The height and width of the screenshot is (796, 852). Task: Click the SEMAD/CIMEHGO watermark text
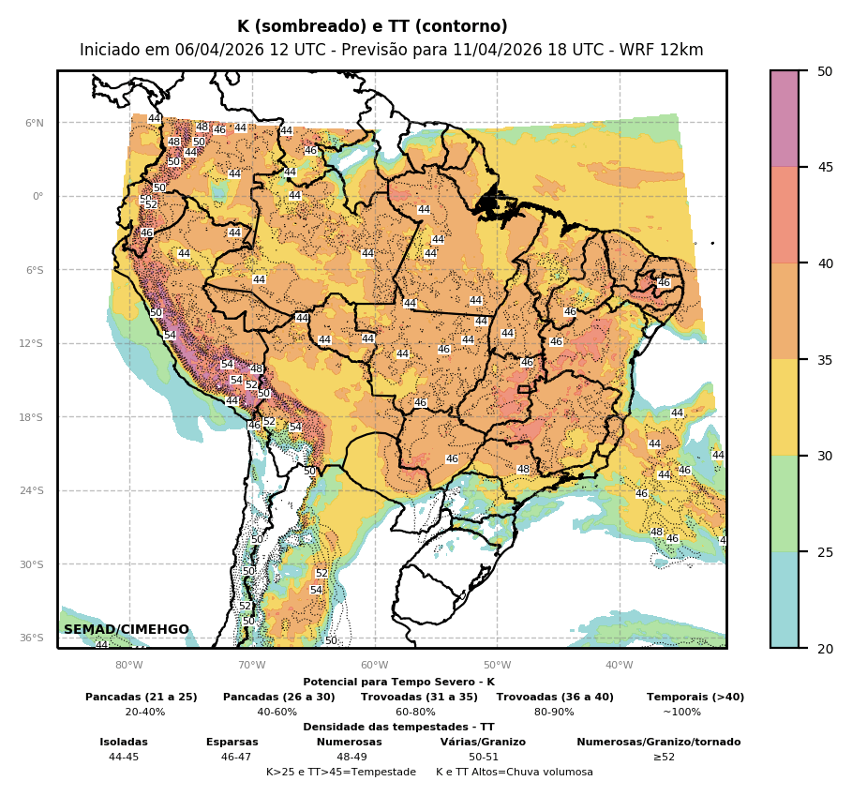[x=127, y=629]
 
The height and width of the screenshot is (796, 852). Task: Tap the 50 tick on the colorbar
[x=825, y=71]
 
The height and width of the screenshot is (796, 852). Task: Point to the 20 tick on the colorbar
[x=825, y=649]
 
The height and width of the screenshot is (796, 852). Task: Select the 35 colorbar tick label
[x=825, y=360]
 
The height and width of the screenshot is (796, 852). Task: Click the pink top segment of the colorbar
[x=785, y=118]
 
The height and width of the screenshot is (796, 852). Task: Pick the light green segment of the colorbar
[x=785, y=503]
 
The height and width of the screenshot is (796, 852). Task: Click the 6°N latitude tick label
[x=35, y=123]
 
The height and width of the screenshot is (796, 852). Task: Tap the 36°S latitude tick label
[x=32, y=638]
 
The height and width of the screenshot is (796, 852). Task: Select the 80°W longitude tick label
[x=129, y=666]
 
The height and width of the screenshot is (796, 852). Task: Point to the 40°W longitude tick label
[x=619, y=666]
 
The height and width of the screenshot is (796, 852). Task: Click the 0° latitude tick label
[x=38, y=196]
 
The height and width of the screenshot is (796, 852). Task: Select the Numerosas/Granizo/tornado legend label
[x=658, y=743]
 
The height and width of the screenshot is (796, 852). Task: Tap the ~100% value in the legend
[x=681, y=713]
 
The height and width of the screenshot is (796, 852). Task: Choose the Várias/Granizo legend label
[x=483, y=743]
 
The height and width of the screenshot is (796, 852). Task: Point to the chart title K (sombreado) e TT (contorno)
[x=372, y=27]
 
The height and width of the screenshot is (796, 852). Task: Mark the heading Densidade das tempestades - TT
[x=398, y=728]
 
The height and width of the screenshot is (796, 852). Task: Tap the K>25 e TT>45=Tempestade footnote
[x=340, y=773]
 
